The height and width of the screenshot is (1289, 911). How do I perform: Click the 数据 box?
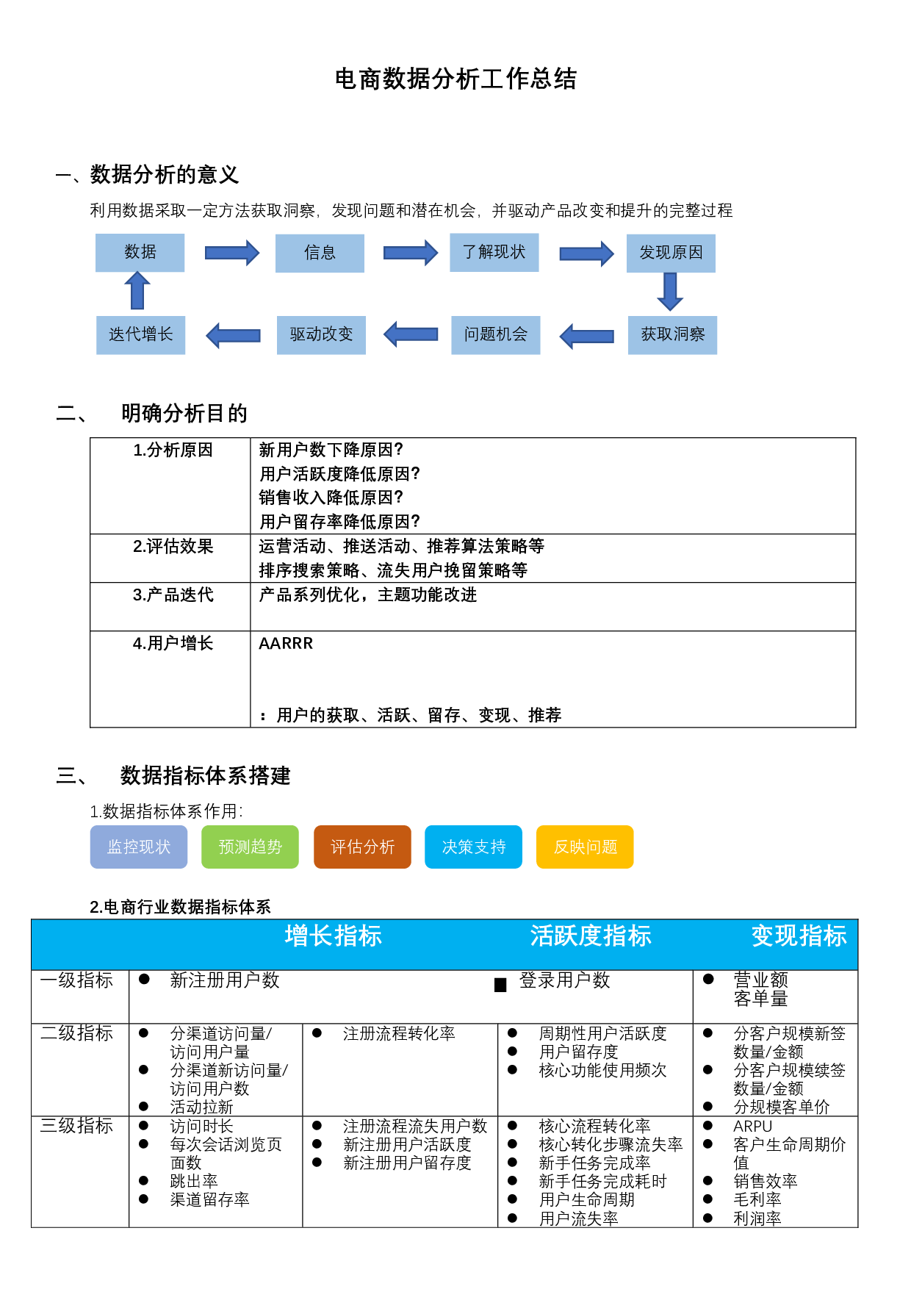click(x=140, y=253)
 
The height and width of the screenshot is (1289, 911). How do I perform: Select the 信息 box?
click(x=320, y=253)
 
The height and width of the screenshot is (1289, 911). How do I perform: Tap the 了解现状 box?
click(x=494, y=252)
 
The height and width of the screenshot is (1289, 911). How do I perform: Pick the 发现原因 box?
click(x=671, y=253)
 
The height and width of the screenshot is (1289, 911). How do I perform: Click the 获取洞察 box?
click(x=673, y=335)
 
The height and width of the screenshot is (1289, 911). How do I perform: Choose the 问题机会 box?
click(x=496, y=335)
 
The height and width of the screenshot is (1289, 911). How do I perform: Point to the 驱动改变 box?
click(x=321, y=335)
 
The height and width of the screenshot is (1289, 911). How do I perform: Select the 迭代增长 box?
click(x=141, y=335)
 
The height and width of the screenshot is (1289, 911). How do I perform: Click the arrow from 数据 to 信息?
click(x=231, y=253)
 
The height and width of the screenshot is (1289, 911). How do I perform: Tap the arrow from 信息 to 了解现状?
click(x=410, y=253)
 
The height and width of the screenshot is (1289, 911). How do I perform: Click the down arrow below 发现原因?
click(x=670, y=292)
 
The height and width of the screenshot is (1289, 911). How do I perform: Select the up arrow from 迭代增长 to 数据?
click(x=137, y=291)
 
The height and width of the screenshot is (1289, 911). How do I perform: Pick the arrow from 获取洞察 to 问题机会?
click(x=587, y=336)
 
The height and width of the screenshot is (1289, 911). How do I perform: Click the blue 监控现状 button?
click(x=139, y=847)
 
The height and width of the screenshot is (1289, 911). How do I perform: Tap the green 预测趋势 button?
click(x=251, y=847)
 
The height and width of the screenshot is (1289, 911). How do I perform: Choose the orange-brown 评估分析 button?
click(x=362, y=847)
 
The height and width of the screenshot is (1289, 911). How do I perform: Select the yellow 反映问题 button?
click(x=585, y=847)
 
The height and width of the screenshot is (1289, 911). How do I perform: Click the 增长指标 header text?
click(x=333, y=936)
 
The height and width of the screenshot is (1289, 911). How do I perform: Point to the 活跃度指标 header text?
click(x=591, y=936)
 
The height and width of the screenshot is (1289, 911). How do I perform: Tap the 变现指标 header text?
click(x=799, y=936)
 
